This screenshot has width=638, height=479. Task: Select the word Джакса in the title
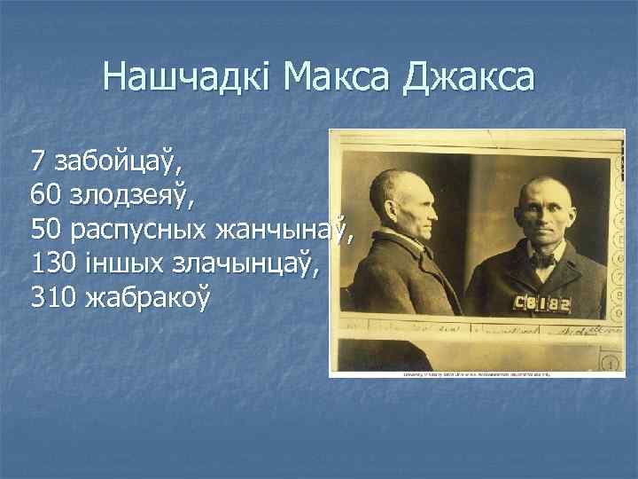(x=470, y=77)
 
